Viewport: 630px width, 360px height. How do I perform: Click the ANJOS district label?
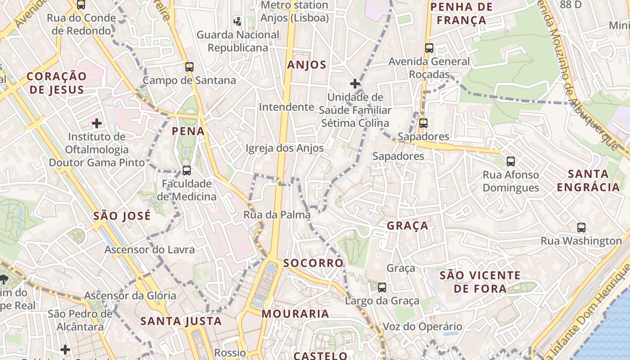[306, 65]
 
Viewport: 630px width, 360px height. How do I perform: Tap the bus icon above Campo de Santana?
[189, 67]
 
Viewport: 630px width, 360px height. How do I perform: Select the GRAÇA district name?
[408, 226]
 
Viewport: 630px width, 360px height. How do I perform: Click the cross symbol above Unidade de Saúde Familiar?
[355, 84]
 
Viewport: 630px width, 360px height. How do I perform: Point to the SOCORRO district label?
[314, 263]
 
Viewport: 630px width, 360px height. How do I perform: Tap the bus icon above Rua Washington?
[581, 228]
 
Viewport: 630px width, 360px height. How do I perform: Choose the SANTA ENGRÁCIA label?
[588, 180]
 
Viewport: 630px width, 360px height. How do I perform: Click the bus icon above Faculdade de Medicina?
[187, 171]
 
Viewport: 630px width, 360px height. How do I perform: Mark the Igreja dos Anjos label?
[284, 148]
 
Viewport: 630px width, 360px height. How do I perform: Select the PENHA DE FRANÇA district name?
[462, 13]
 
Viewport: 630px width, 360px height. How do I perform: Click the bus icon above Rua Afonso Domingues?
[510, 161]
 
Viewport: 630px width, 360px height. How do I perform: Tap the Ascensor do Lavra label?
[150, 250]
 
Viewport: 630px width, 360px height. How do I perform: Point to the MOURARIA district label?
[295, 314]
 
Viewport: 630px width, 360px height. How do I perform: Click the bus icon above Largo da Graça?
[382, 287]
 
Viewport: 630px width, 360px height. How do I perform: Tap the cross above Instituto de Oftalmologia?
[97, 123]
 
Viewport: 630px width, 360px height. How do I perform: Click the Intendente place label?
[286, 107]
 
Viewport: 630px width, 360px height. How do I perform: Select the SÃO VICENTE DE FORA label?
[480, 282]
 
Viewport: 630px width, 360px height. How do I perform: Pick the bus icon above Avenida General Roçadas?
[429, 48]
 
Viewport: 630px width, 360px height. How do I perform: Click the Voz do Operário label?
[422, 327]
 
